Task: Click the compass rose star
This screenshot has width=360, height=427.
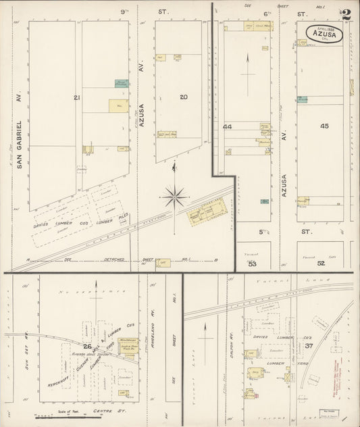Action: [x=175, y=197]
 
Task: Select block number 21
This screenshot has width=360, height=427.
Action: [x=77, y=98]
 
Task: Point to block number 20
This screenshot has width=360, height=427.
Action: [x=183, y=97]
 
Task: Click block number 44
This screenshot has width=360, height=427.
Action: [x=228, y=127]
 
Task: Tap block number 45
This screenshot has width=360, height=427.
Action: [x=324, y=126]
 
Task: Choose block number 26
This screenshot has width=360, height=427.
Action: [x=87, y=347]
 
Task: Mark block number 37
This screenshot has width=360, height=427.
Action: [x=309, y=346]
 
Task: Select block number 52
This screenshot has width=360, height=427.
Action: [x=321, y=263]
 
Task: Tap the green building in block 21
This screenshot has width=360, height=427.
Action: [x=122, y=84]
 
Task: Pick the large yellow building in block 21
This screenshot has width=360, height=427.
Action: [x=118, y=106]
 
